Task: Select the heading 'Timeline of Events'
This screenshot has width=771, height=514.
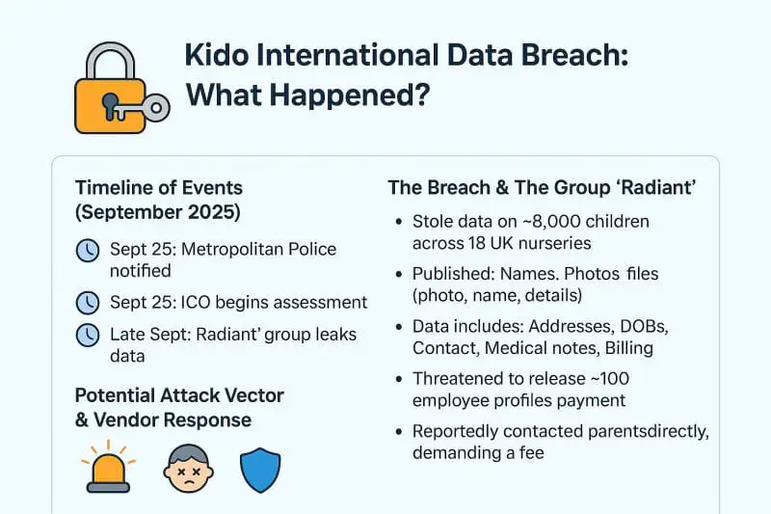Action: [159, 187]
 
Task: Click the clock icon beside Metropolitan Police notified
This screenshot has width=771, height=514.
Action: [88, 251]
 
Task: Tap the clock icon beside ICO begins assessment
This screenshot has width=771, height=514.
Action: [88, 303]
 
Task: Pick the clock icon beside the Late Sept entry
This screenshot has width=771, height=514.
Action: [88, 336]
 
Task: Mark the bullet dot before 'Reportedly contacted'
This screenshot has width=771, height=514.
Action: [398, 432]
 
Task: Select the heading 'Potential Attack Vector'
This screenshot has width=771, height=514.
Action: [179, 395]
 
